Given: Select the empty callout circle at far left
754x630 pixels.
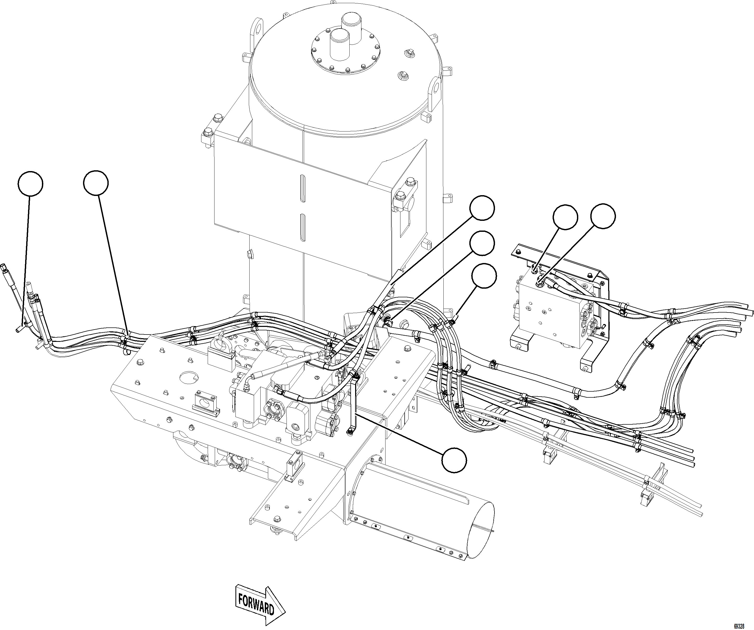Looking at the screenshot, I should coord(31,184).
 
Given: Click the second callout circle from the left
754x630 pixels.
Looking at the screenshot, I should coord(96,183).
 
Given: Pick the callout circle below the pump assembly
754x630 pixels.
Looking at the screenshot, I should coord(454,460).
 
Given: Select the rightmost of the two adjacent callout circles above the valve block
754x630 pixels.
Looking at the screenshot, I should coord(603,216).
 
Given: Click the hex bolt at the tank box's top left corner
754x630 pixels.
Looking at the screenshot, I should coord(217,118).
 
